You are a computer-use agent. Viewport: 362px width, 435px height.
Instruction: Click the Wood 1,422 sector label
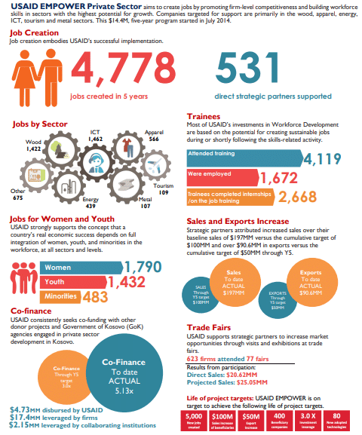click(x=34, y=146)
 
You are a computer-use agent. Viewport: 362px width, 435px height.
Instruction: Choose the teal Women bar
click(x=72, y=268)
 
